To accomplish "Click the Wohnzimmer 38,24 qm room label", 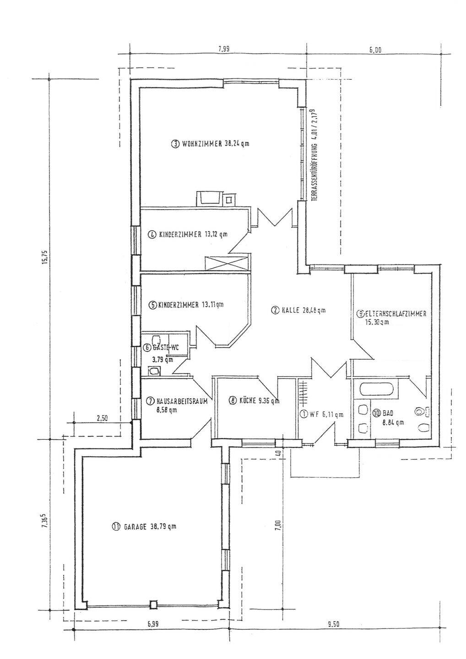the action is click(x=210, y=144).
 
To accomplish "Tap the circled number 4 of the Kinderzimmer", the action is click(x=152, y=235).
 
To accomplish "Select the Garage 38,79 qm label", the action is click(x=143, y=527).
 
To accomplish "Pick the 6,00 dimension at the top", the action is click(x=375, y=50).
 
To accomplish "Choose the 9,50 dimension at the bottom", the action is click(x=334, y=624).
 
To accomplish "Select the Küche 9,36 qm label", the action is click(x=254, y=401).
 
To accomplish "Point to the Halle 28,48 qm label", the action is click(x=298, y=310).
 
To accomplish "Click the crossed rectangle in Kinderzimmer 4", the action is click(x=227, y=263).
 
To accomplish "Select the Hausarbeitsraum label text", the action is click(x=182, y=400).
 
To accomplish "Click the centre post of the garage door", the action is click(x=154, y=605).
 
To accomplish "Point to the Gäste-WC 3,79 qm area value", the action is click(x=163, y=360).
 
